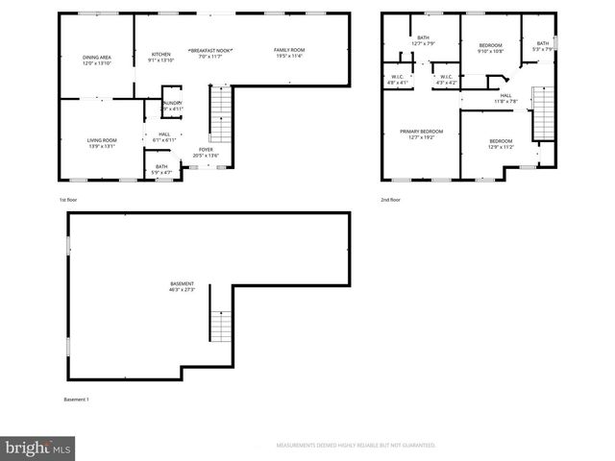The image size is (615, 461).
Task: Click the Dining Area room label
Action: (x=96, y=61)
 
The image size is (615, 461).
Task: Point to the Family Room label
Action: (x=288, y=53)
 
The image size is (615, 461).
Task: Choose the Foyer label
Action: (x=207, y=153)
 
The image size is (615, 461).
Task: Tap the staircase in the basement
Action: (x=221, y=327)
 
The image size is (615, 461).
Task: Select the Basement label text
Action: (x=183, y=286)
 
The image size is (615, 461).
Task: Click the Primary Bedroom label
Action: (x=422, y=133)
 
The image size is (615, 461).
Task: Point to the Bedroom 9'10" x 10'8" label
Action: (x=491, y=49)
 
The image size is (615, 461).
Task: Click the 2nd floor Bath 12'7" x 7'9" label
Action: (x=424, y=41)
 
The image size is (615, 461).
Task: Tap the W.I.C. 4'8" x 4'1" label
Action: (x=397, y=80)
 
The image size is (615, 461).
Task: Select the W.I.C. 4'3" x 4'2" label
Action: (x=446, y=80)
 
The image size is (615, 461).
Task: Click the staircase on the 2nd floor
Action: (x=543, y=110)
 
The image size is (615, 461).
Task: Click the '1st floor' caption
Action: (x=69, y=199)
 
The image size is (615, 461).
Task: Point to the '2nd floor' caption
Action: (x=391, y=199)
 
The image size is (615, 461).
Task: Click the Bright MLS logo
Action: (x=37, y=447)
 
